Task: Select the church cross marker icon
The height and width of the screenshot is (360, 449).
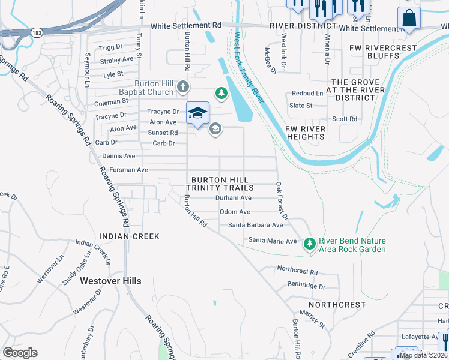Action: point(183,88)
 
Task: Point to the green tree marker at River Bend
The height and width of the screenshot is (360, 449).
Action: point(310,244)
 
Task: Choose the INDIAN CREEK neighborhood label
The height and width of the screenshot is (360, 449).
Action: point(130,236)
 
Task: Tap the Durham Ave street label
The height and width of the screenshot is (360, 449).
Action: point(233,197)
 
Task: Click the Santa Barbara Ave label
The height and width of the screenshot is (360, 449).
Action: point(255,226)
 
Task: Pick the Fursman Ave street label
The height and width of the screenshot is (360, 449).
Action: point(125,170)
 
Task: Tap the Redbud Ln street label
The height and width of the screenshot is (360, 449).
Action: point(307,94)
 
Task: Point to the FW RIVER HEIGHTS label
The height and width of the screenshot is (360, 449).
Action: point(305,133)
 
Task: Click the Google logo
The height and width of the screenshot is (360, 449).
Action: point(20,353)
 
